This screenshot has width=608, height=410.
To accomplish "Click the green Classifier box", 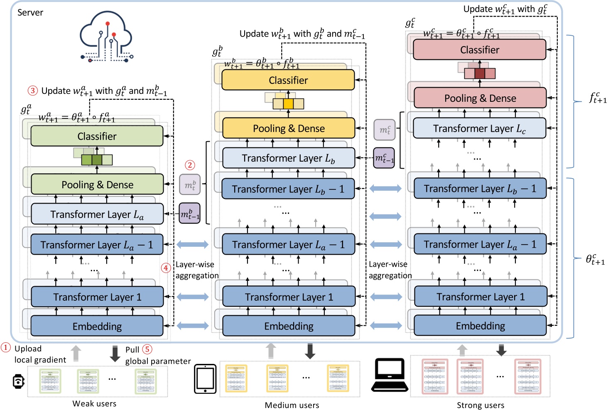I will [97, 136].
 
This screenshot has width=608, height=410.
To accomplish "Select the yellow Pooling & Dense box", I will [289, 128].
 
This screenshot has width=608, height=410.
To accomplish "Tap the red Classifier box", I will [480, 50].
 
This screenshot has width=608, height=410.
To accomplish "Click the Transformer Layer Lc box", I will [479, 128].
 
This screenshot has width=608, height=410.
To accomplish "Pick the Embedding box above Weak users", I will [97, 327].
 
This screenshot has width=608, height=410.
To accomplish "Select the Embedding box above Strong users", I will [481, 326].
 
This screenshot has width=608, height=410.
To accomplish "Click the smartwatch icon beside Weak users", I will [18, 381].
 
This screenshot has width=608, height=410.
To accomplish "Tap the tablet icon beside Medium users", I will [205, 379].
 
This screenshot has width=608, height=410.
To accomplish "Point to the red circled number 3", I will [33, 91].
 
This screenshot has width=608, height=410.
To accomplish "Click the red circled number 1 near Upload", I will [6, 348].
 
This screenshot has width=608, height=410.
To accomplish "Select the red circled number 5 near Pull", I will [147, 349].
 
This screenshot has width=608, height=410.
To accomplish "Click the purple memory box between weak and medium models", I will [189, 214].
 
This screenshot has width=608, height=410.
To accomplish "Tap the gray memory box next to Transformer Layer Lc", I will [385, 130].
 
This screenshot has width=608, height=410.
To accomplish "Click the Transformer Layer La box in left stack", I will [97, 214].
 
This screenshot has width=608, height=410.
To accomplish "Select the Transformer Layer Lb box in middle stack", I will [289, 158].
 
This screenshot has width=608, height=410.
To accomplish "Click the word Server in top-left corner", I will [30, 12].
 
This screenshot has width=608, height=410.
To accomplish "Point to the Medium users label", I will [292, 405].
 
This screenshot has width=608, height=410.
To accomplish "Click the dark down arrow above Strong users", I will [501, 350].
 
